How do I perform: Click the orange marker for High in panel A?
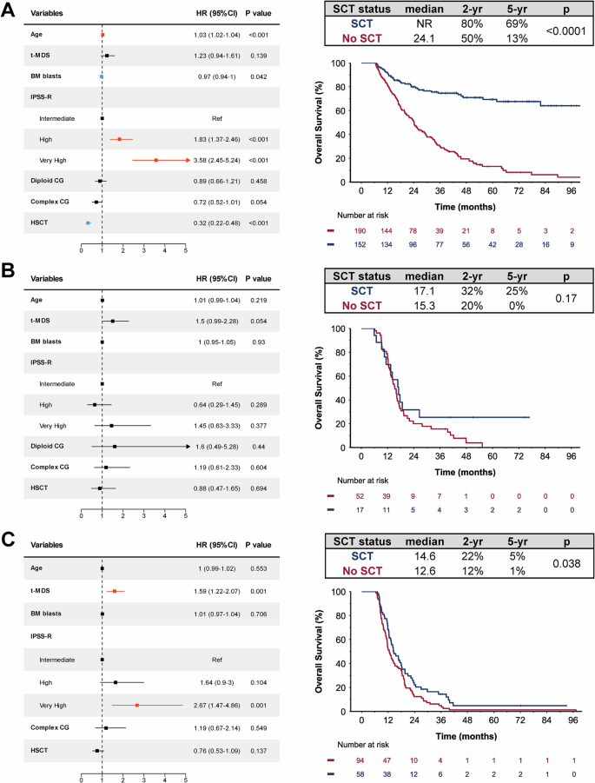[120, 138]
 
